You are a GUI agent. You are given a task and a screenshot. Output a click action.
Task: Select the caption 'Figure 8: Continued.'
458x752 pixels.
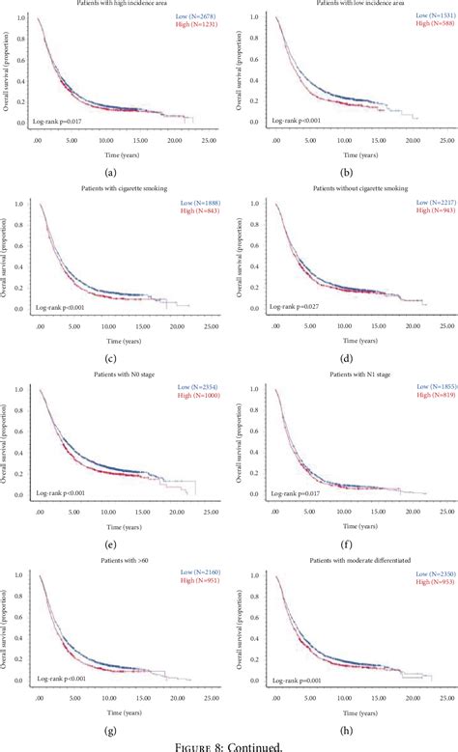[x=229, y=744]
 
